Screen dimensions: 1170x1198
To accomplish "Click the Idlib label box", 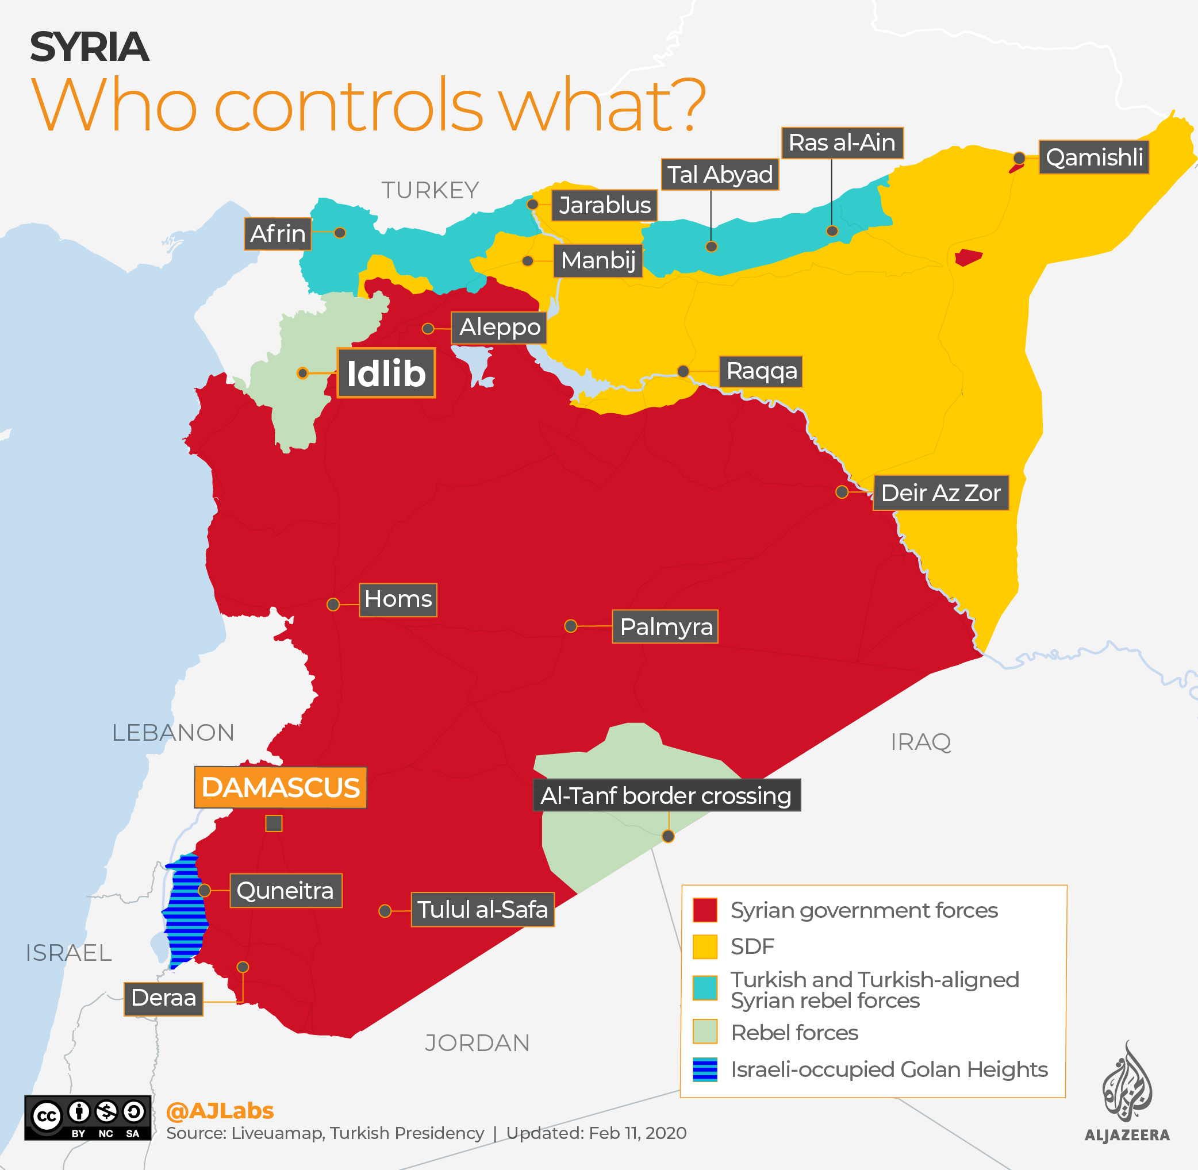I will click(386, 373).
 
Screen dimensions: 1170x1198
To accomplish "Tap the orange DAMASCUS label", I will click(281, 787).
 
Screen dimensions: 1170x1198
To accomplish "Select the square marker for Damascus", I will click(274, 823).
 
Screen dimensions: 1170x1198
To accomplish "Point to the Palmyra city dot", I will click(570, 626).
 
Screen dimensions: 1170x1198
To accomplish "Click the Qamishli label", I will click(1093, 157).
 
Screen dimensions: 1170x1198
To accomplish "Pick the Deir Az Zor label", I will click(940, 492).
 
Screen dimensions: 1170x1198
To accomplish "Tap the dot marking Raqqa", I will click(683, 371).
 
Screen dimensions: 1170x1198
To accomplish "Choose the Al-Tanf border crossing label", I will click(666, 795).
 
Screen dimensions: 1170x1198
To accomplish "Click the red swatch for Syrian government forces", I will click(704, 910).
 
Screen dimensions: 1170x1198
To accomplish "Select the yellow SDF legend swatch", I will click(704, 946).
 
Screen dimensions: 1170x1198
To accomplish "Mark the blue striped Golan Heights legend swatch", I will click(704, 1069).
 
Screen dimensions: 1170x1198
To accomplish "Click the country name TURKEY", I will click(429, 190).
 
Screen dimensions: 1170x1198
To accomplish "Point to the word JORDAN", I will click(477, 1043).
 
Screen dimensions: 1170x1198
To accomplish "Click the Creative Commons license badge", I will click(87, 1117).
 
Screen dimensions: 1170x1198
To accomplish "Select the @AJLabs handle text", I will click(220, 1110).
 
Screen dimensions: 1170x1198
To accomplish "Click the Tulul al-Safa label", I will click(482, 910).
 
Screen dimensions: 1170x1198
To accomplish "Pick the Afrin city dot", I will click(340, 233).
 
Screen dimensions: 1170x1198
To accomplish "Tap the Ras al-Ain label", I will click(842, 143).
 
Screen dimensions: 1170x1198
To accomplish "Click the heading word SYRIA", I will click(89, 47).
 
